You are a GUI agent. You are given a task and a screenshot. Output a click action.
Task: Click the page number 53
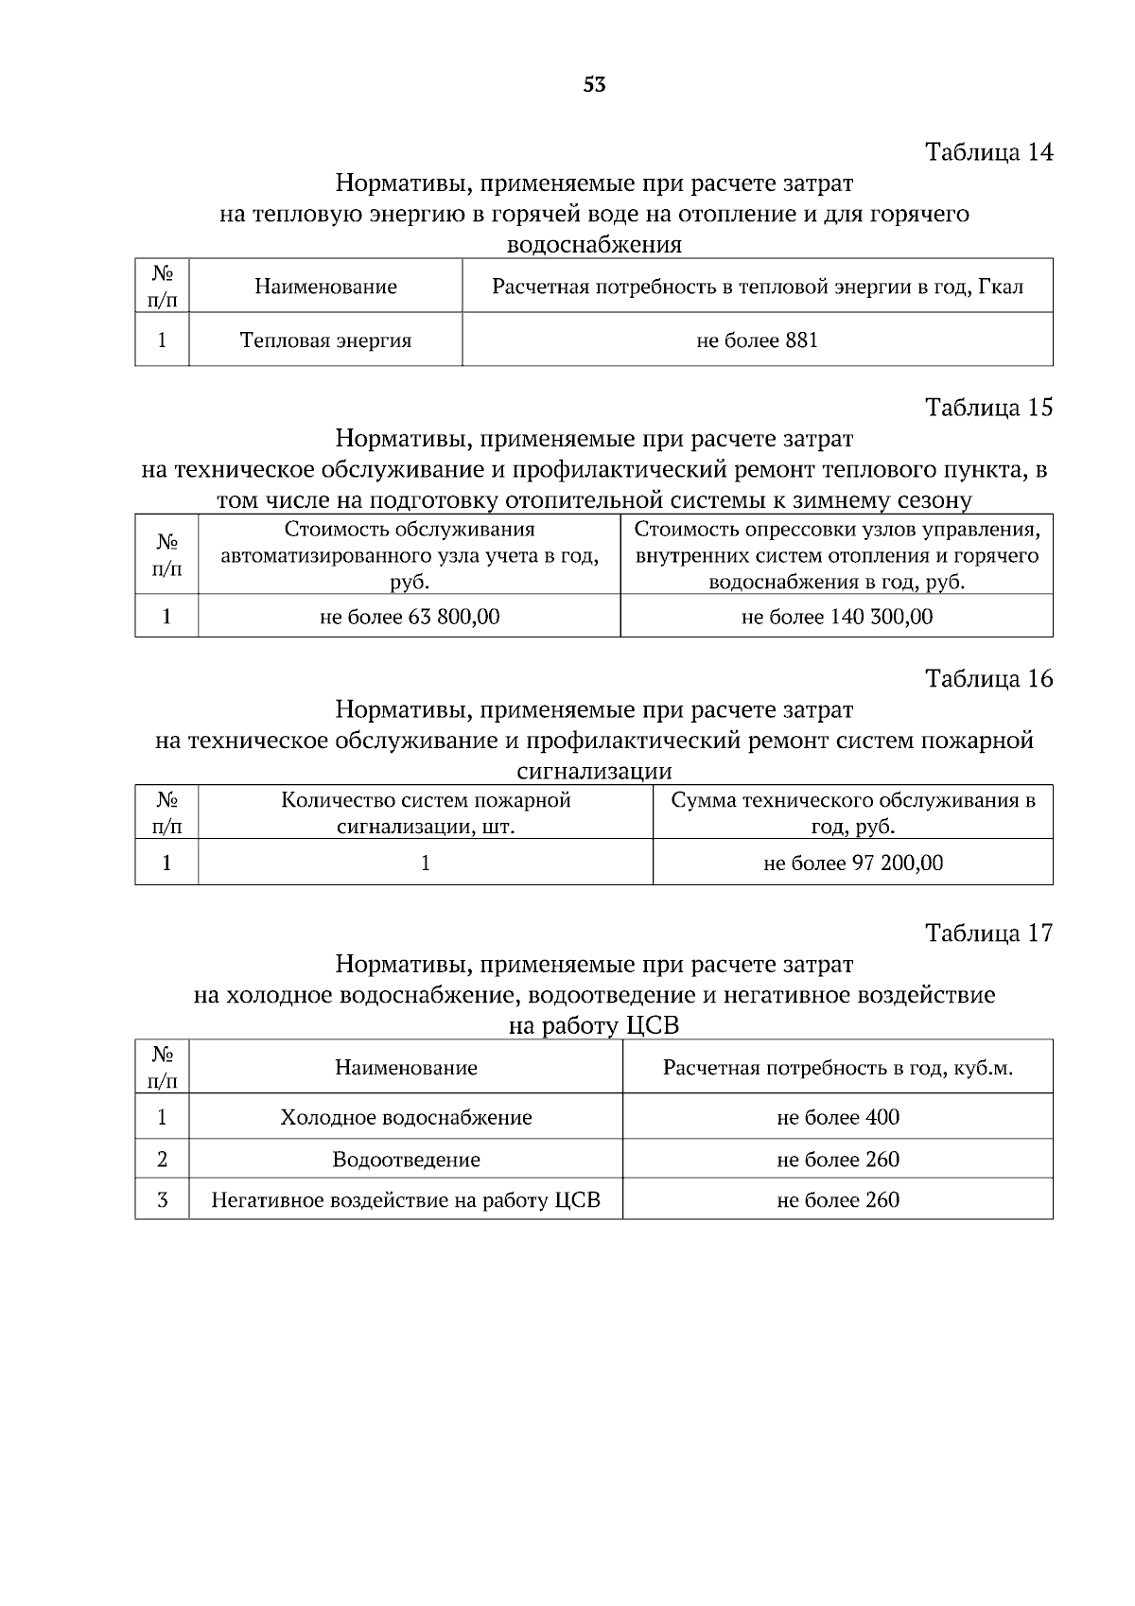tap(594, 85)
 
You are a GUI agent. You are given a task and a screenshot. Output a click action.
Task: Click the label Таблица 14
tap(988, 152)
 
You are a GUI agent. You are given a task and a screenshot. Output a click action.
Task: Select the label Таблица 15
tap(988, 408)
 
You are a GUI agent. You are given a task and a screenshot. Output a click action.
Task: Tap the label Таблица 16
tap(988, 679)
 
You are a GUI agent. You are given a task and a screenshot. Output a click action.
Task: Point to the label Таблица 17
tap(988, 934)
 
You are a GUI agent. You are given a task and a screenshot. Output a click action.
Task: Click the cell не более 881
tap(757, 340)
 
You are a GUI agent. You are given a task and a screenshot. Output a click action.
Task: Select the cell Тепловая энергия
tap(325, 340)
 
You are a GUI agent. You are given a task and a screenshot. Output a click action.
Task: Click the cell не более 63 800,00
tap(410, 618)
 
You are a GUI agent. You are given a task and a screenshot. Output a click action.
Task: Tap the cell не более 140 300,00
tap(837, 618)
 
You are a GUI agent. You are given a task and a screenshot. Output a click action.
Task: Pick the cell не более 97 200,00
tap(853, 863)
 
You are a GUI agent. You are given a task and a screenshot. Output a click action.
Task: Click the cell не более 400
tap(838, 1118)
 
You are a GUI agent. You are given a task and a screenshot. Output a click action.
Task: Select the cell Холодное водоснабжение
tap(406, 1118)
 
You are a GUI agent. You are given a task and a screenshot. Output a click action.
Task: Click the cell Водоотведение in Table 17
tap(406, 1160)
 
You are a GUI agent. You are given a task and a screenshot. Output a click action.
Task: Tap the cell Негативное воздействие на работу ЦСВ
tap(406, 1200)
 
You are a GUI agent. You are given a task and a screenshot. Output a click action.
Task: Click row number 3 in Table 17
tap(163, 1200)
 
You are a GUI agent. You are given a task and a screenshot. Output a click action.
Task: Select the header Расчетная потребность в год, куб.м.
tap(838, 1069)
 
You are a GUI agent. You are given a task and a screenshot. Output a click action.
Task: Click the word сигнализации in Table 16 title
tap(594, 770)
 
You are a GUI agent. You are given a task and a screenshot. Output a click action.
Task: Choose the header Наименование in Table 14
tap(325, 287)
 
